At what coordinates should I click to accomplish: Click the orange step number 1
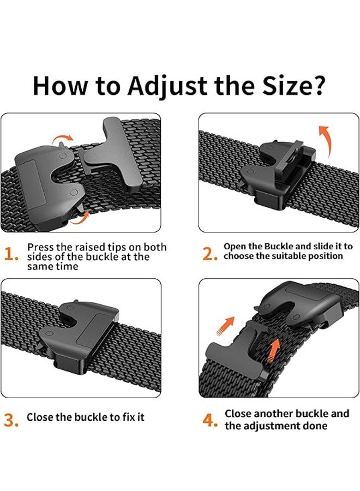point(11,255)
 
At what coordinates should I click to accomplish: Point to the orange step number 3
point(11,420)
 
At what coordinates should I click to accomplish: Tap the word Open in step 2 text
point(236,247)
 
